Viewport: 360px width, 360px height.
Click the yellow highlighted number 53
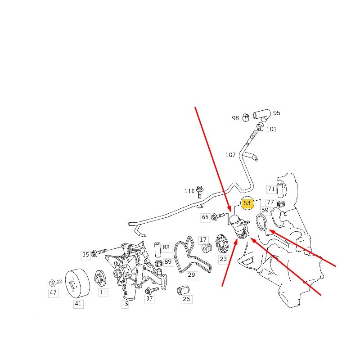pyautogui.click(x=247, y=203)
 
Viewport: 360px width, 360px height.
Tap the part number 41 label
pyautogui.click(x=78, y=303)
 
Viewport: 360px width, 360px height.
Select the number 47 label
pyautogui.click(x=53, y=292)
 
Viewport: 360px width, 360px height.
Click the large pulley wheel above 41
pyautogui.click(x=77, y=283)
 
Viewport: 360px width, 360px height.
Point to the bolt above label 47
pyautogui.click(x=55, y=283)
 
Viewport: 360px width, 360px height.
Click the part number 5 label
pyautogui.click(x=126, y=304)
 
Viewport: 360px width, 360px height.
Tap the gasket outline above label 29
pyautogui.click(x=192, y=254)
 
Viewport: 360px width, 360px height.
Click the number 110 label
pyautogui.click(x=189, y=191)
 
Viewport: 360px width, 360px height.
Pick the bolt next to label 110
pyautogui.click(x=199, y=192)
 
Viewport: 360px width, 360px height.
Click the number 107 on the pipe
pyautogui.click(x=230, y=155)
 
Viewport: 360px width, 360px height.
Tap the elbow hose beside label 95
pyautogui.click(x=262, y=115)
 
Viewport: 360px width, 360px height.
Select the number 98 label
pyautogui.click(x=235, y=118)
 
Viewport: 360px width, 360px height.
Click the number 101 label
pyautogui.click(x=271, y=129)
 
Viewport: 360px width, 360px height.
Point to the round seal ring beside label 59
pyautogui.click(x=262, y=222)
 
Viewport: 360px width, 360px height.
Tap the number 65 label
pyautogui.click(x=205, y=217)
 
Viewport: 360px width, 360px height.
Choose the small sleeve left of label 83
pyautogui.click(x=157, y=249)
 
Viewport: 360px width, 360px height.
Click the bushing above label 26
pyautogui.click(x=183, y=290)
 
